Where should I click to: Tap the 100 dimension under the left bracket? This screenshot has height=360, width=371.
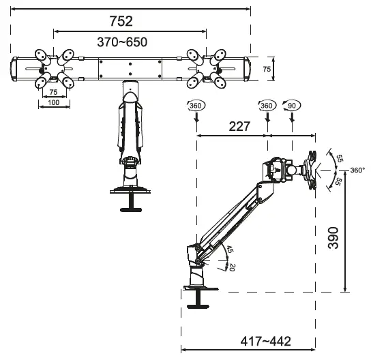point(55,102)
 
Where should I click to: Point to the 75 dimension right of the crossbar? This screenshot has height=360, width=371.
point(267,69)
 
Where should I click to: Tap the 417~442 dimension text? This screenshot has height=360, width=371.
point(269,340)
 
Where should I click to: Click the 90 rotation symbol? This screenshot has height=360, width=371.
point(292,106)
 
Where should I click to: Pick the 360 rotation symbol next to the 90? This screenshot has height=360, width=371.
point(267,106)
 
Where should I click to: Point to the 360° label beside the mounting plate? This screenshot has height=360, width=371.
point(357,170)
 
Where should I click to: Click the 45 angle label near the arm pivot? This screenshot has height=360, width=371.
point(230,250)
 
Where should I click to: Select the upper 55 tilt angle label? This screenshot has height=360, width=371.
point(340,158)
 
